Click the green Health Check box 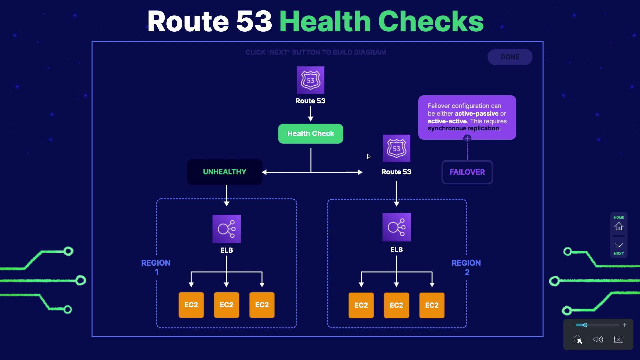coord(310,134)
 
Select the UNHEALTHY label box coord(224,172)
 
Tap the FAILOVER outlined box coord(467,172)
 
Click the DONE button coord(510,57)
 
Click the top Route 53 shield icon coord(310,80)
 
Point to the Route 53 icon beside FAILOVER coord(396,148)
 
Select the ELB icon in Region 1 coord(226,229)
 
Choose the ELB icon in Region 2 coord(396,227)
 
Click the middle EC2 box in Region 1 coord(226,305)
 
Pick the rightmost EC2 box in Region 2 coord(432,305)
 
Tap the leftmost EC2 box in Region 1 coord(191,305)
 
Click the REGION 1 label coord(156,267)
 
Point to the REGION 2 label coord(466,267)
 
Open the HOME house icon coord(619,226)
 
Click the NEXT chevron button coord(619,246)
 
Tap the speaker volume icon coord(598,339)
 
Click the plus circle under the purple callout coord(467,138)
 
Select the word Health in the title coord(325,21)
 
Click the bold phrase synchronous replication coord(464,128)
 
